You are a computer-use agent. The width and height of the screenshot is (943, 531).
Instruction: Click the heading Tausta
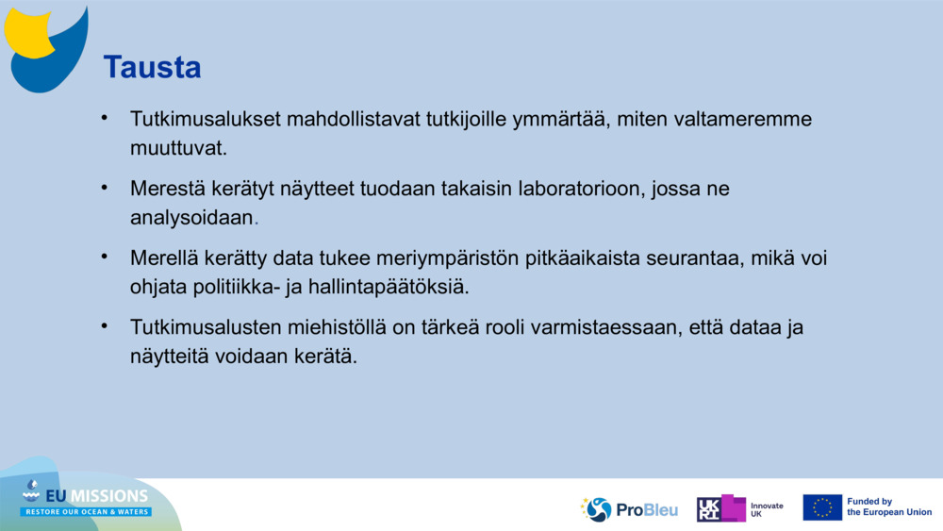pyautogui.click(x=152, y=68)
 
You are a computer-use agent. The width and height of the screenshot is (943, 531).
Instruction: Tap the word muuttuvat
pyautogui.click(x=178, y=148)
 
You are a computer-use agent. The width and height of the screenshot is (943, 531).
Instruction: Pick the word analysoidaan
pyautogui.click(x=192, y=217)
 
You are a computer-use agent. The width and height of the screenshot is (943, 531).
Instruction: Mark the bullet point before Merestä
pyautogui.click(x=106, y=188)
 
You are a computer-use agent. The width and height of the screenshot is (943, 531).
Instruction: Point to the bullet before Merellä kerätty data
pyautogui.click(x=106, y=257)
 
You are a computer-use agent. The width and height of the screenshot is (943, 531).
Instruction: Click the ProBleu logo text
pyautogui.click(x=646, y=510)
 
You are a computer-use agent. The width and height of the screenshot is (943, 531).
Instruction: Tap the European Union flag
pyautogui.click(x=821, y=507)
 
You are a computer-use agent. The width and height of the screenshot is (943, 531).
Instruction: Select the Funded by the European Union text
pyautogui.click(x=888, y=507)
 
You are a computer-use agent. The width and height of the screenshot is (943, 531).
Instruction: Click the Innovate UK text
pyautogui.click(x=767, y=509)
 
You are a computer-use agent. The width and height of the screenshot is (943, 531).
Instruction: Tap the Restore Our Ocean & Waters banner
pyautogui.click(x=86, y=512)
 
